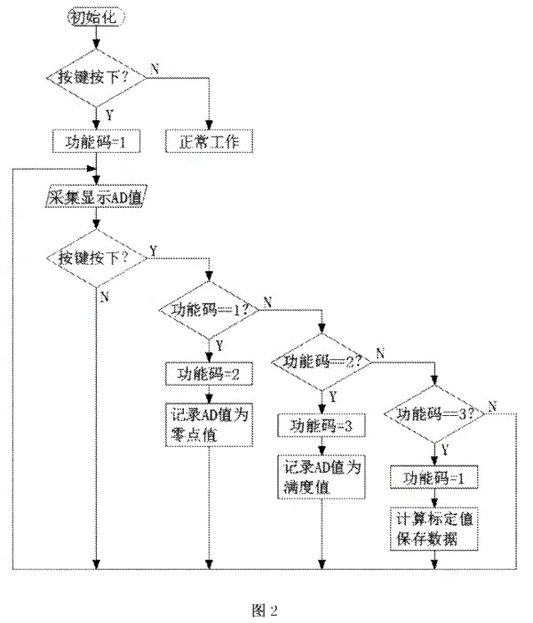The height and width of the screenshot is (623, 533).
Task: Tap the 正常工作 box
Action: (210, 141)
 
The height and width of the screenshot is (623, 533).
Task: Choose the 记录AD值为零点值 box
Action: (209, 424)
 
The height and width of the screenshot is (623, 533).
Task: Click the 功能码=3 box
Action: (322, 425)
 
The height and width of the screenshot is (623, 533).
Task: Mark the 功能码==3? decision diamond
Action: (434, 413)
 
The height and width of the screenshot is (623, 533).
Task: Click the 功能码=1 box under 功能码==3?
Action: (434, 477)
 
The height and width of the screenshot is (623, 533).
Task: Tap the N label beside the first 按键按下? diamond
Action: (155, 68)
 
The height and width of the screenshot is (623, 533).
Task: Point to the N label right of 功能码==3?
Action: (491, 405)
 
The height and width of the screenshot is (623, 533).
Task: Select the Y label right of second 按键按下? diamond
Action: (155, 250)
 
